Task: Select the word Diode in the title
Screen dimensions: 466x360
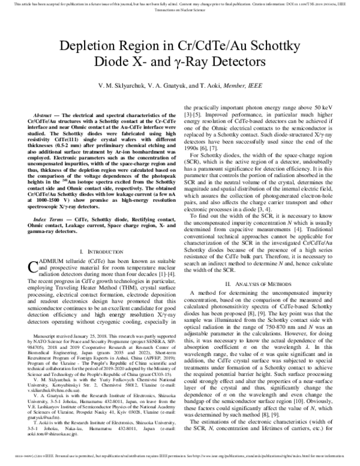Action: tap(100, 63)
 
